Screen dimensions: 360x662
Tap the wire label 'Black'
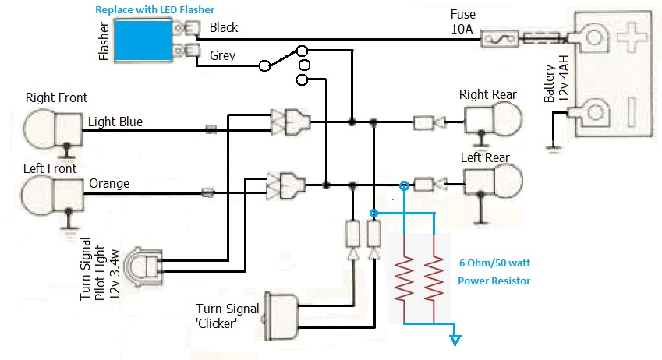224,27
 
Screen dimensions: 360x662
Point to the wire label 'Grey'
222,56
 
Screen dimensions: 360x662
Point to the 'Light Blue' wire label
115,122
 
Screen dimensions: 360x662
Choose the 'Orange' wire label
109,184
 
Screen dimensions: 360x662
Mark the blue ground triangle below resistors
455,340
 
